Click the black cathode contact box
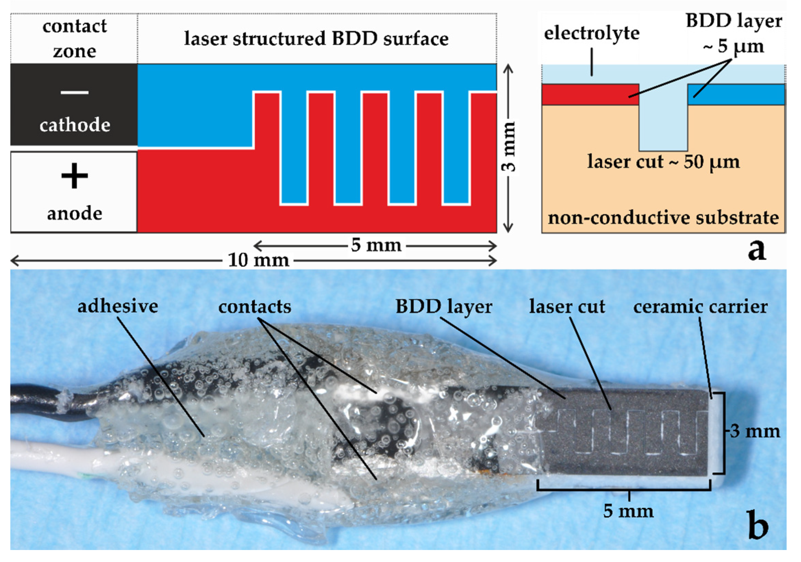tap(74, 105)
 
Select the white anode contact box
tap(74, 192)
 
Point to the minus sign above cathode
tap(74, 92)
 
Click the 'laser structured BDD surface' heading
tap(316, 39)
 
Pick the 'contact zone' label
tap(74, 38)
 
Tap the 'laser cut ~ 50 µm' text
tap(663, 162)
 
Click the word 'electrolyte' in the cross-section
tap(592, 34)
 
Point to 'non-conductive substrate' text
tap(663, 218)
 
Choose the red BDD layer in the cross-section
tap(590, 95)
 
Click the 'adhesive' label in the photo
tap(117, 306)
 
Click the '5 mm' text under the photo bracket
tap(628, 511)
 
